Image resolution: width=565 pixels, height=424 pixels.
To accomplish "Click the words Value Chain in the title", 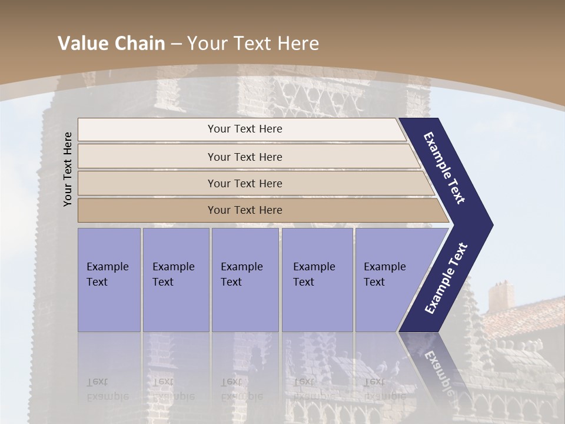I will (111, 44).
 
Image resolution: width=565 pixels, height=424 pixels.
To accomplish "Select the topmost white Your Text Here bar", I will (245, 129).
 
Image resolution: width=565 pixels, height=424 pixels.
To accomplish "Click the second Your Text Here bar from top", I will (245, 157).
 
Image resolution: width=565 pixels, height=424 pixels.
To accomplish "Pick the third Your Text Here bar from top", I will (245, 183).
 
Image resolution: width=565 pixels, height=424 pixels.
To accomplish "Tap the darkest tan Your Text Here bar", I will (245, 210).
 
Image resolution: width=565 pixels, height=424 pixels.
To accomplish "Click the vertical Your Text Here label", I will (68, 169).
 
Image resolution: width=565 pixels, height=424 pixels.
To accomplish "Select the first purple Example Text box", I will (109, 280).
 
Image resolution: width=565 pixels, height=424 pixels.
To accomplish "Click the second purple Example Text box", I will (175, 280).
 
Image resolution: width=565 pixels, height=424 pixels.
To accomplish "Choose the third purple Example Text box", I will (245, 280).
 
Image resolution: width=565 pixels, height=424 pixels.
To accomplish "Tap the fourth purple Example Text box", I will (317, 280).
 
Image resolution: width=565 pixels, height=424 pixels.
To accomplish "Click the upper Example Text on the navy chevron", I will (445, 168).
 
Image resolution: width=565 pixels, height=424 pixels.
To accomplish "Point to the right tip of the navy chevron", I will (492, 224).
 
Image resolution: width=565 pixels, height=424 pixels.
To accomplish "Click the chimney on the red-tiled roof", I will (501, 297).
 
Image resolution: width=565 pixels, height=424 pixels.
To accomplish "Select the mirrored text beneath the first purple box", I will (109, 389).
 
